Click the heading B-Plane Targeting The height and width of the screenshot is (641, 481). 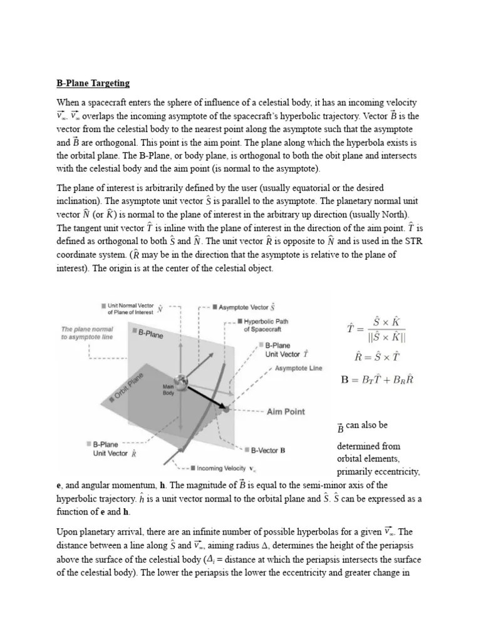93,83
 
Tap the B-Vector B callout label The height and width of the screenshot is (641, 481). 268,449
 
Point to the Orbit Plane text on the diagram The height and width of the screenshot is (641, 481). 127,389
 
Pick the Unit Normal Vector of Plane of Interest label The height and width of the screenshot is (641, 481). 130,308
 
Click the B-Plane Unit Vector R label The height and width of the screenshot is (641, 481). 112,449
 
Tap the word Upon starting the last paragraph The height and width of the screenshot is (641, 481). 69,531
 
